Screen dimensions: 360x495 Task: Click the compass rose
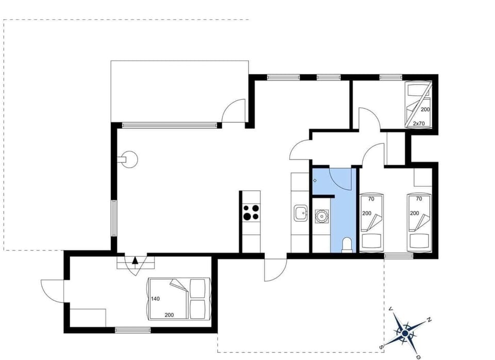(x=405, y=334)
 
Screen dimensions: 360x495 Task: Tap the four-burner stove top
(x=251, y=212)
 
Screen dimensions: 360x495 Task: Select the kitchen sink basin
(x=300, y=212)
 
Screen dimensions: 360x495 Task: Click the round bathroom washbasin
(x=321, y=215)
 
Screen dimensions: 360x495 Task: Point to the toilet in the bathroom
(x=347, y=244)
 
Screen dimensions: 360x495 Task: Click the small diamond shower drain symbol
(x=315, y=181)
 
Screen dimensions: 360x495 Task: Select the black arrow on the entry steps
(x=135, y=261)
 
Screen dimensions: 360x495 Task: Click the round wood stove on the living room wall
(x=129, y=159)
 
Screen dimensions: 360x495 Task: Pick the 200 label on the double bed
(x=169, y=314)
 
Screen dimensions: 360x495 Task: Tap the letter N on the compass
(x=429, y=321)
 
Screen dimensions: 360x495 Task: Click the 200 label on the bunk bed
(x=425, y=110)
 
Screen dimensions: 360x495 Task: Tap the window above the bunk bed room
(x=390, y=77)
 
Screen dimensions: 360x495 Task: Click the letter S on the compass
(x=382, y=347)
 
